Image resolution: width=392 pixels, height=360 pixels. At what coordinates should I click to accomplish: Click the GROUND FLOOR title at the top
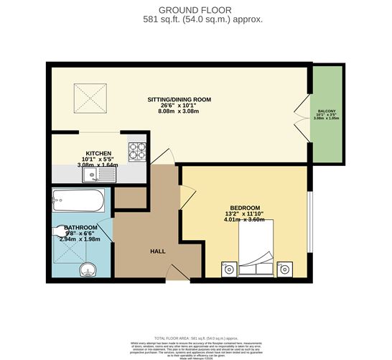click(195, 9)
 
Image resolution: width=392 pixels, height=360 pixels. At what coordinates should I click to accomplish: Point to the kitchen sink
click(91, 173)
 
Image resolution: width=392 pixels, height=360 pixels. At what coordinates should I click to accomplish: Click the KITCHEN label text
click(98, 153)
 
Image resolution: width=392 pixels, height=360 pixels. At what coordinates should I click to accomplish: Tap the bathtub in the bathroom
click(78, 199)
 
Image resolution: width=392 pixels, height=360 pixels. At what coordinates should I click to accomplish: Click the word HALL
click(159, 251)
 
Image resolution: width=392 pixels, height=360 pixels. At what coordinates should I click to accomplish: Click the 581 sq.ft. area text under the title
click(195, 19)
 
